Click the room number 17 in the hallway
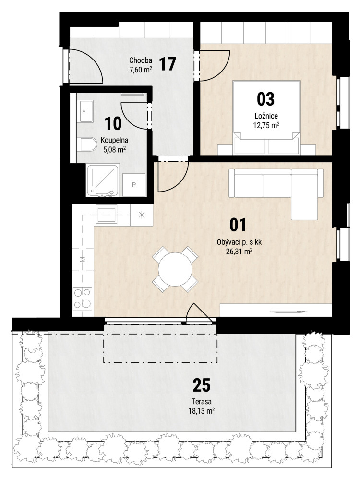point(168,64)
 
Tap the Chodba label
point(141,60)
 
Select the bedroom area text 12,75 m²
point(266,125)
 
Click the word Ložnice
point(266,116)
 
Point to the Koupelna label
point(115,141)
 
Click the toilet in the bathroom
point(86,144)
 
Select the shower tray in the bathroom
point(103,180)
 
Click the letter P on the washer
point(134,185)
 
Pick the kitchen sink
point(106,214)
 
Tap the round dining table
point(175,269)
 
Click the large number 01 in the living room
point(238,225)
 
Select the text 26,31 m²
point(239,252)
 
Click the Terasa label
point(202,402)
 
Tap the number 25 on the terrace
point(202,385)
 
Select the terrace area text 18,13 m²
point(202,410)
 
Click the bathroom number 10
point(113,123)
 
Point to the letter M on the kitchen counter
point(83,260)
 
